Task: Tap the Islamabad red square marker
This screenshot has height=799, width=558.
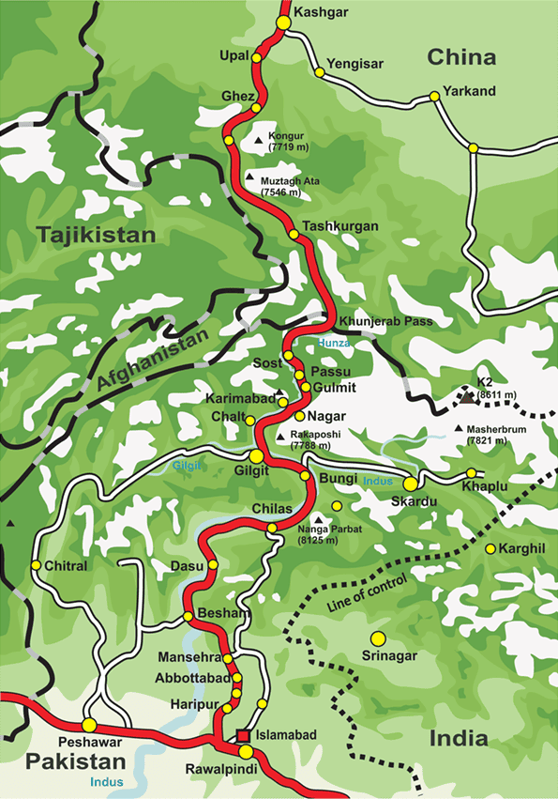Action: pos(244,735)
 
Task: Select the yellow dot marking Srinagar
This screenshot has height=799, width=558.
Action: pos(377,638)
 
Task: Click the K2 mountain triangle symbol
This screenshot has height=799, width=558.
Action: pos(467,397)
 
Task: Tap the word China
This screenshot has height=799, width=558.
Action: pos(461,58)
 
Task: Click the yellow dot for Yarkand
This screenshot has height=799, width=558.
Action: pos(434,96)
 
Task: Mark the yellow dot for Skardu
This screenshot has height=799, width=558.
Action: pos(410,484)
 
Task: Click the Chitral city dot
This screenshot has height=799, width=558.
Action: pos(36,565)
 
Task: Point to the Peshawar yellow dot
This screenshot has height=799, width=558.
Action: pos(89,725)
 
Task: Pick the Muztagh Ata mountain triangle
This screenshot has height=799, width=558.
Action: pos(249,177)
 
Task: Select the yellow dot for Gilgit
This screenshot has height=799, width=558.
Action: pos(256,455)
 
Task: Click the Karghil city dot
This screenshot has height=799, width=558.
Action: pos(490,548)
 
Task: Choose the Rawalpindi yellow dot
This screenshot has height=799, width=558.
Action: pos(246,752)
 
